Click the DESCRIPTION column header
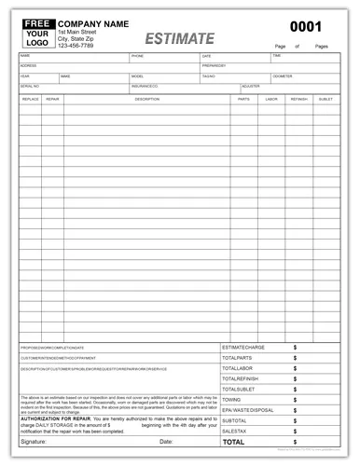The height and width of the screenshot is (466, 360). point(146,98)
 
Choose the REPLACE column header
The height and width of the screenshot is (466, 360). point(30,98)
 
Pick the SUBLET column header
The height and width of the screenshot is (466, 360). point(325,98)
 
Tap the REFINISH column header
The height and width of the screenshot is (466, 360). point(298,98)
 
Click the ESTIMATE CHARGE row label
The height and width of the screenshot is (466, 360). point(246,348)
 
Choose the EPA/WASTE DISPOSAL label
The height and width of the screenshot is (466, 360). point(247,409)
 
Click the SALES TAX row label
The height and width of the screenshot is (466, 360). point(235,431)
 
